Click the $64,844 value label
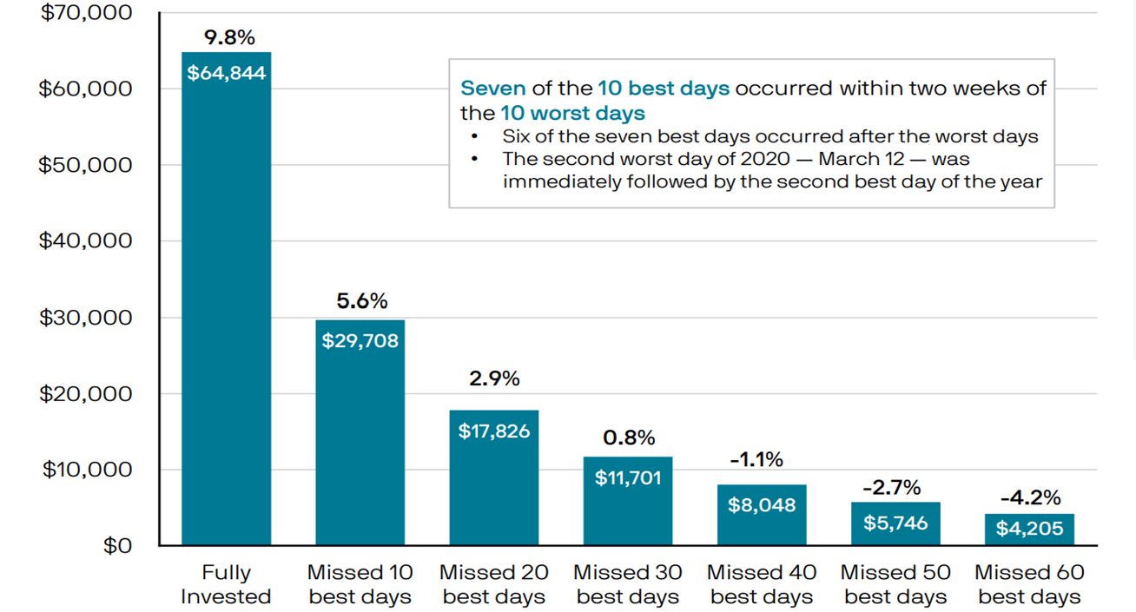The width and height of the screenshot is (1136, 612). tap(226, 73)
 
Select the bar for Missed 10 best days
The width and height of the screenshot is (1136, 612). tap(360, 432)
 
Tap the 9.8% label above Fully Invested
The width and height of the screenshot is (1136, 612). tap(229, 37)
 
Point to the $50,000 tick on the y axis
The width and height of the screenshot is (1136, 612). tap(85, 165)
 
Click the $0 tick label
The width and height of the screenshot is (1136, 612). tap(117, 545)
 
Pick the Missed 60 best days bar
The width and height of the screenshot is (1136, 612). tap(1029, 530)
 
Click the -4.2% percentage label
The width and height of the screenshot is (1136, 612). tap(1031, 497)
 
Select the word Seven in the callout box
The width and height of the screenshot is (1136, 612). tap(493, 89)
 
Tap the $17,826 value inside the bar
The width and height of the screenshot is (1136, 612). tap(494, 431)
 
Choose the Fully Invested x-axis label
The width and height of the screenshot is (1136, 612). tap(226, 584)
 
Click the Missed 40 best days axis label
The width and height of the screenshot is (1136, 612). tap(762, 584)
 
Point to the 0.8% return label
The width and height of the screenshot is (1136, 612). tap(629, 438)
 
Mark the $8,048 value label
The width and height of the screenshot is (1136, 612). tap(762, 505)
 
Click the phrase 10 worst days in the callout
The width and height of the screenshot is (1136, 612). tap(572, 113)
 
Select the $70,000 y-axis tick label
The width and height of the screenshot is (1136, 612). tap(86, 13)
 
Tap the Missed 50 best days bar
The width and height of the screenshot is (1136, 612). tap(895, 523)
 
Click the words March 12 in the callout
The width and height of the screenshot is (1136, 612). tap(862, 159)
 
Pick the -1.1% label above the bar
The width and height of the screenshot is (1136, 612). tap(756, 460)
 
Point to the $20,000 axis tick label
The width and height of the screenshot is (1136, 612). tap(86, 394)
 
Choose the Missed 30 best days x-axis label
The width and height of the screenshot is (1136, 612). tap(628, 584)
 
